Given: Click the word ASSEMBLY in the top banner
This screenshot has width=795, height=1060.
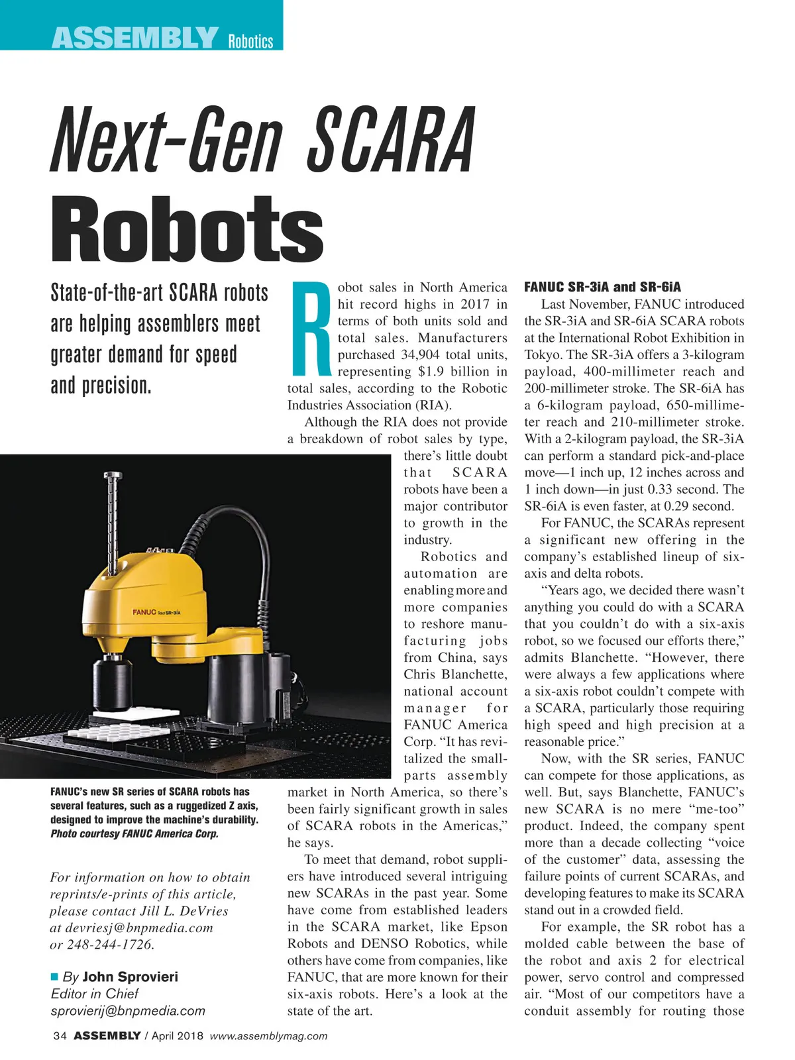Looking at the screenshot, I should click(134, 38).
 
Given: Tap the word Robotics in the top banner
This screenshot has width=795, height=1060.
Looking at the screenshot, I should click(250, 42).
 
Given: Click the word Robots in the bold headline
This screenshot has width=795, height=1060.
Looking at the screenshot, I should click(187, 229).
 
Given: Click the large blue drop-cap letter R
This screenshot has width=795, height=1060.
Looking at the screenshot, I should click(311, 328).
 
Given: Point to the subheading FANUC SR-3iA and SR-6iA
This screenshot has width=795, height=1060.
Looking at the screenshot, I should click(602, 287).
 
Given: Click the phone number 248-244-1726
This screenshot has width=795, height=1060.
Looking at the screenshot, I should click(111, 945).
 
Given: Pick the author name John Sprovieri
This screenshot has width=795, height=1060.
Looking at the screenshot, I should click(130, 977).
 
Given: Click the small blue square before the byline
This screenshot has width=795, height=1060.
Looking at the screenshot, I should click(55, 977).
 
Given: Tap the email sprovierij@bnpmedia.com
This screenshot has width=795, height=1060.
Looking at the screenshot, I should click(128, 1011).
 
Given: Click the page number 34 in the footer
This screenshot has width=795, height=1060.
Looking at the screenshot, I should click(60, 1036).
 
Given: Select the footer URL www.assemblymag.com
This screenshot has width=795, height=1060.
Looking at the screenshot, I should click(268, 1036).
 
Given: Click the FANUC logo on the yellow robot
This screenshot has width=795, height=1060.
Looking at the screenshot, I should click(144, 611).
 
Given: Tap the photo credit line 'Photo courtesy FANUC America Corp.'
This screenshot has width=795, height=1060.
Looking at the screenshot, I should click(134, 833).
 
